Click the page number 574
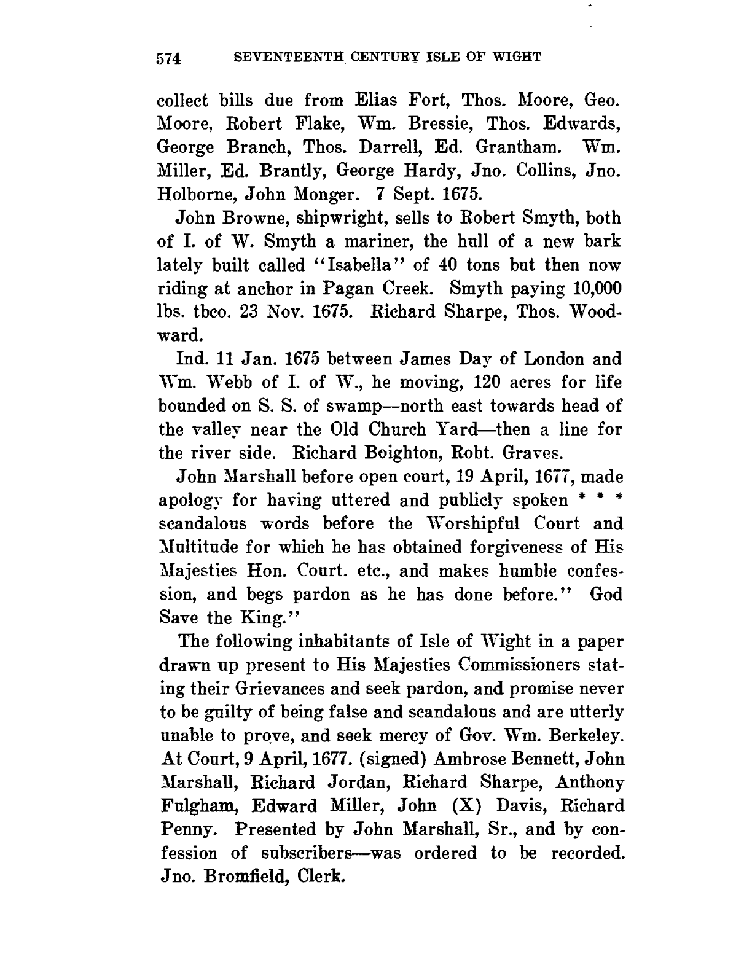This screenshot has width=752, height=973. pos(168,59)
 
